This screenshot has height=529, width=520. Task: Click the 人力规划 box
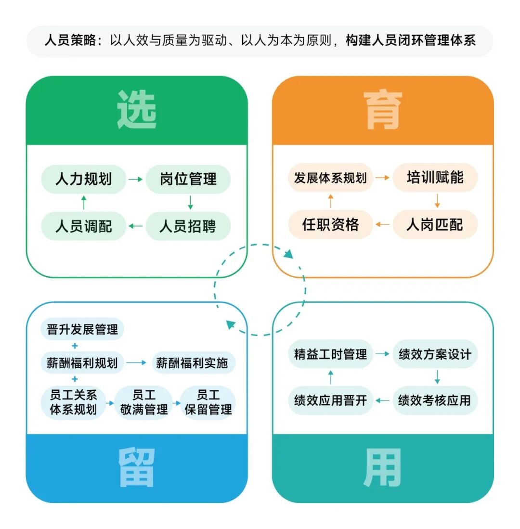83,180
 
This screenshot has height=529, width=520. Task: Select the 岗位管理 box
188,180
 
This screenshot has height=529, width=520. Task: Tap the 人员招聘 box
188,226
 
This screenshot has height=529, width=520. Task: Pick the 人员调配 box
83,226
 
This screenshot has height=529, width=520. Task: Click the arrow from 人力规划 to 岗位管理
135,180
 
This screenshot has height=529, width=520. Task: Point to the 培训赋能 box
435,178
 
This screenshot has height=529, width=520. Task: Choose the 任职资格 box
330,224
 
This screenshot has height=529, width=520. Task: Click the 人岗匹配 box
435,224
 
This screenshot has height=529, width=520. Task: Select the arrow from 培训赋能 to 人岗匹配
437,201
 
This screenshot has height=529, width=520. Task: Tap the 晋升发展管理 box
82,330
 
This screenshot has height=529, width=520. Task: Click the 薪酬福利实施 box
192,363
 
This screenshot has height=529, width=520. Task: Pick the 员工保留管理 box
208,402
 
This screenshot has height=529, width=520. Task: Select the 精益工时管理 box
330,354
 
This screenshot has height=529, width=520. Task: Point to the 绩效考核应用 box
435,400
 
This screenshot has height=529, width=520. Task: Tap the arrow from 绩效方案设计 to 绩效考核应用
437,377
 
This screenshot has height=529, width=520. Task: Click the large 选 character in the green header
137,110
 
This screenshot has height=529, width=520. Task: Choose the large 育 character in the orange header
383,110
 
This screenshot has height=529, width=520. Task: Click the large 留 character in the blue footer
137,468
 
